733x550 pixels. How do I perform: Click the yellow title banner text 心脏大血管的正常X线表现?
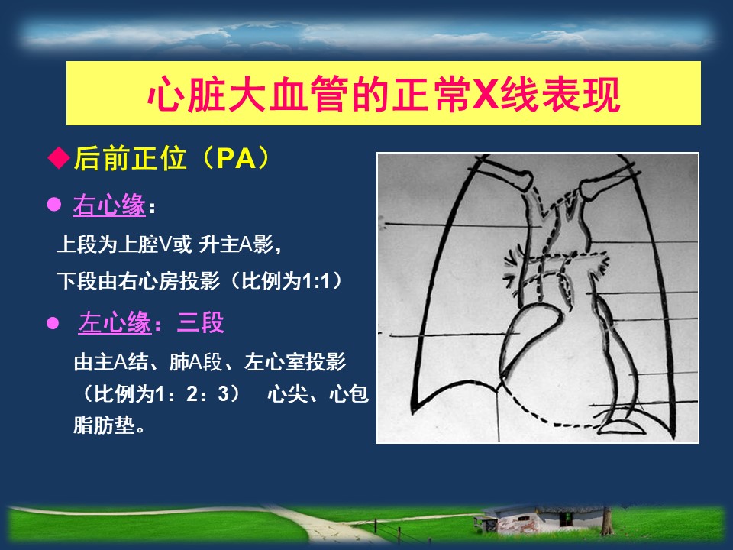[384, 94]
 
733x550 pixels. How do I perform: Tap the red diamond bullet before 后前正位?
[59, 157]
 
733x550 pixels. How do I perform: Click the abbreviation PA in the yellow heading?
[237, 158]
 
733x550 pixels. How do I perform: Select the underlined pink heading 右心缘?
[109, 205]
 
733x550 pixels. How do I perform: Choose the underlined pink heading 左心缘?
[115, 322]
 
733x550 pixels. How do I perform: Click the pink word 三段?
[201, 322]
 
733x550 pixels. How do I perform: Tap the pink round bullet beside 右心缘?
[54, 205]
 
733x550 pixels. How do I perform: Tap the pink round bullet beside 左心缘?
[53, 323]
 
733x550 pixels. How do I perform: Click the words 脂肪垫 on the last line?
[104, 425]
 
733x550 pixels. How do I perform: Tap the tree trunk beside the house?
[607, 522]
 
